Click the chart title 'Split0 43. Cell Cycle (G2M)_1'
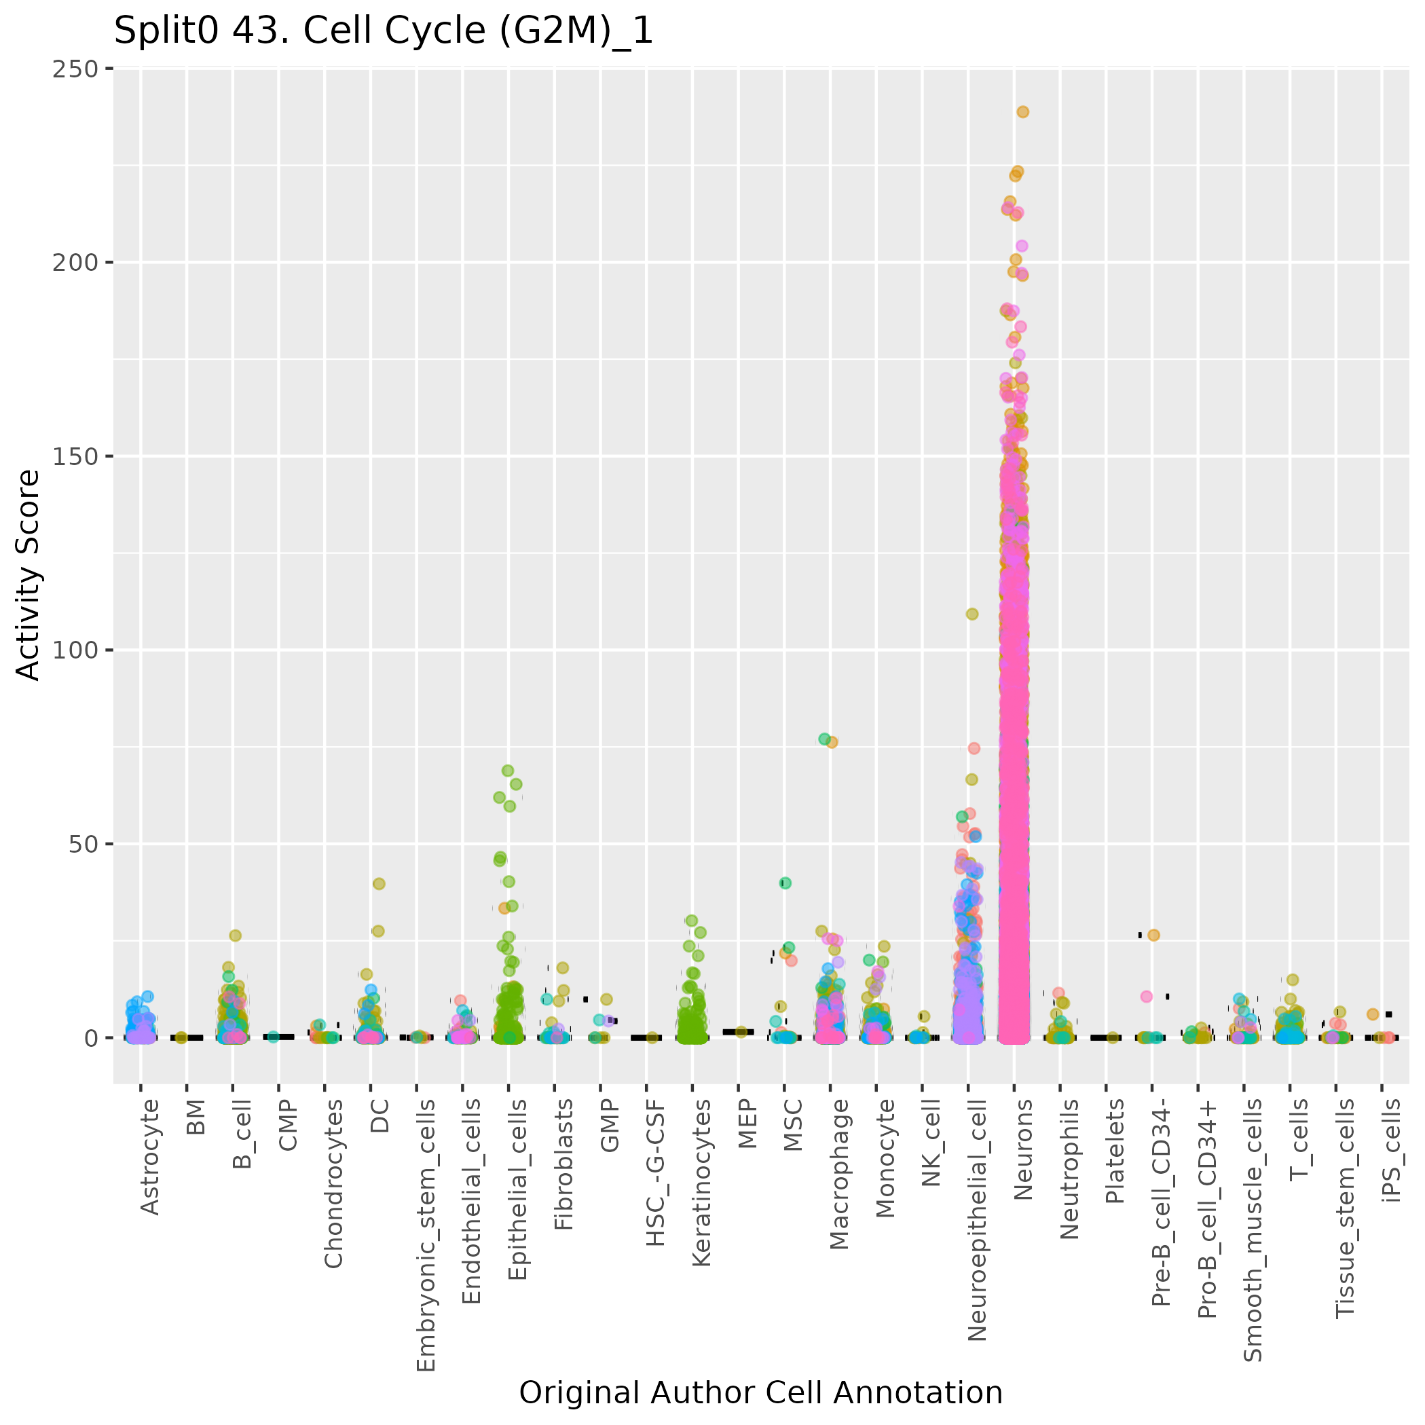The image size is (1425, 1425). click(384, 32)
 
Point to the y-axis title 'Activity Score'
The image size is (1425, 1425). click(29, 574)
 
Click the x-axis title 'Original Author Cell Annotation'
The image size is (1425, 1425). click(760, 1393)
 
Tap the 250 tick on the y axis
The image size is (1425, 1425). click(76, 69)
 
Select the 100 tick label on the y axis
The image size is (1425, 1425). click(76, 650)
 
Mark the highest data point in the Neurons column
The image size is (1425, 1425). click(1022, 112)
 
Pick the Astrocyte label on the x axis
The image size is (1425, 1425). click(150, 1157)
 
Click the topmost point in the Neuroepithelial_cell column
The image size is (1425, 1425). click(972, 614)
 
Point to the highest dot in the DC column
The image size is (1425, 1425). click(378, 884)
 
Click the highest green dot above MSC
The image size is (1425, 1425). click(785, 883)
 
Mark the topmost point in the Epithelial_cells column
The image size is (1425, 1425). click(507, 771)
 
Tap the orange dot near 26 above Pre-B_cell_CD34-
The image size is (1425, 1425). click(1153, 936)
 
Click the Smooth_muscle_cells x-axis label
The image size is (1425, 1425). click(1253, 1230)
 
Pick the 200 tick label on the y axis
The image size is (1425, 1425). click(76, 263)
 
